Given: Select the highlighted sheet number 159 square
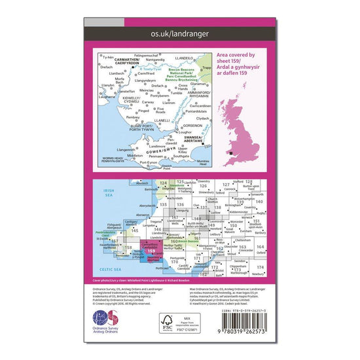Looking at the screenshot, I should pos(153,250).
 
